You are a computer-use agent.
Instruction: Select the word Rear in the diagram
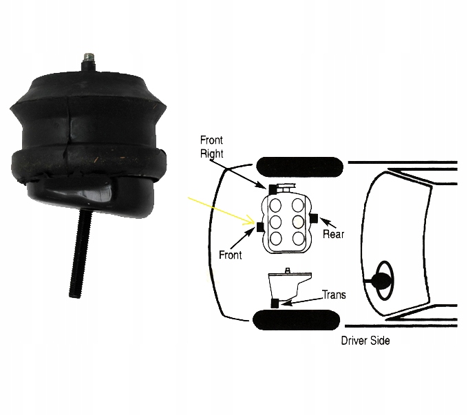click(333, 234)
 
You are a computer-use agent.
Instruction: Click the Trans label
click(334, 295)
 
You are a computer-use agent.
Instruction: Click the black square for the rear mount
click(313, 219)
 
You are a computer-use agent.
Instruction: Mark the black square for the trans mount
click(275, 303)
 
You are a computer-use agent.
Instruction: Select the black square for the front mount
click(259, 226)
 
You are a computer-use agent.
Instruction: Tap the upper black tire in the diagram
click(299, 166)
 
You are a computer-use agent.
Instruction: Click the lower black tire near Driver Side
click(296, 320)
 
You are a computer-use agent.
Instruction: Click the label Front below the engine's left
click(231, 254)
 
